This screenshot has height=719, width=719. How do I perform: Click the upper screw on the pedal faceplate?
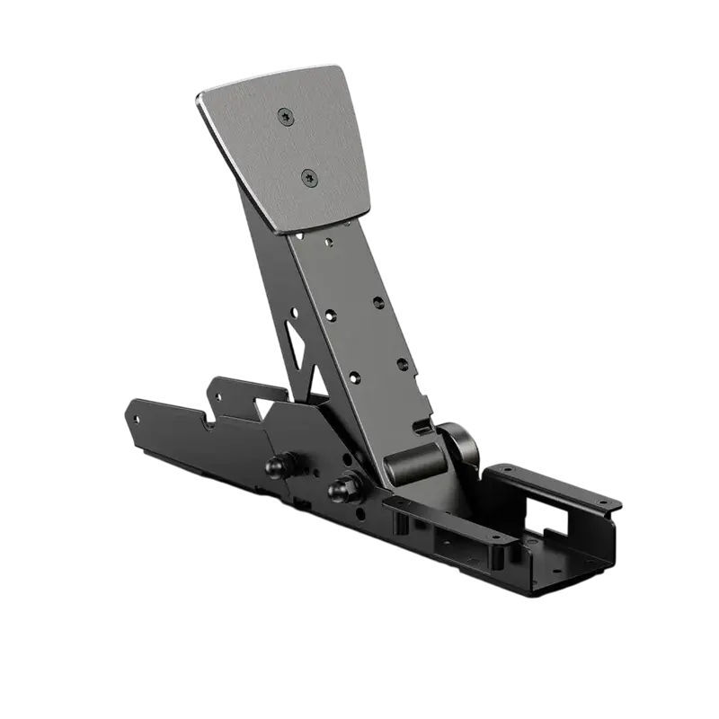[x=286, y=116]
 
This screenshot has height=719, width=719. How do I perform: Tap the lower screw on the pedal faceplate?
[x=309, y=177]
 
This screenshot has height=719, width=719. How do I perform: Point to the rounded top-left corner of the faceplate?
[x=203, y=97]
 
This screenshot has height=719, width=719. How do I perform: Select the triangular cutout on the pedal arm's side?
[x=295, y=345]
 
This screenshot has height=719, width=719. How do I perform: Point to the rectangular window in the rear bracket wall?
[x=551, y=517]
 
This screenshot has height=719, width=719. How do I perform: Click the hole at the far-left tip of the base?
[x=136, y=418]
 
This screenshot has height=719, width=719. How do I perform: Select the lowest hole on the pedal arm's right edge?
[x=403, y=364]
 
